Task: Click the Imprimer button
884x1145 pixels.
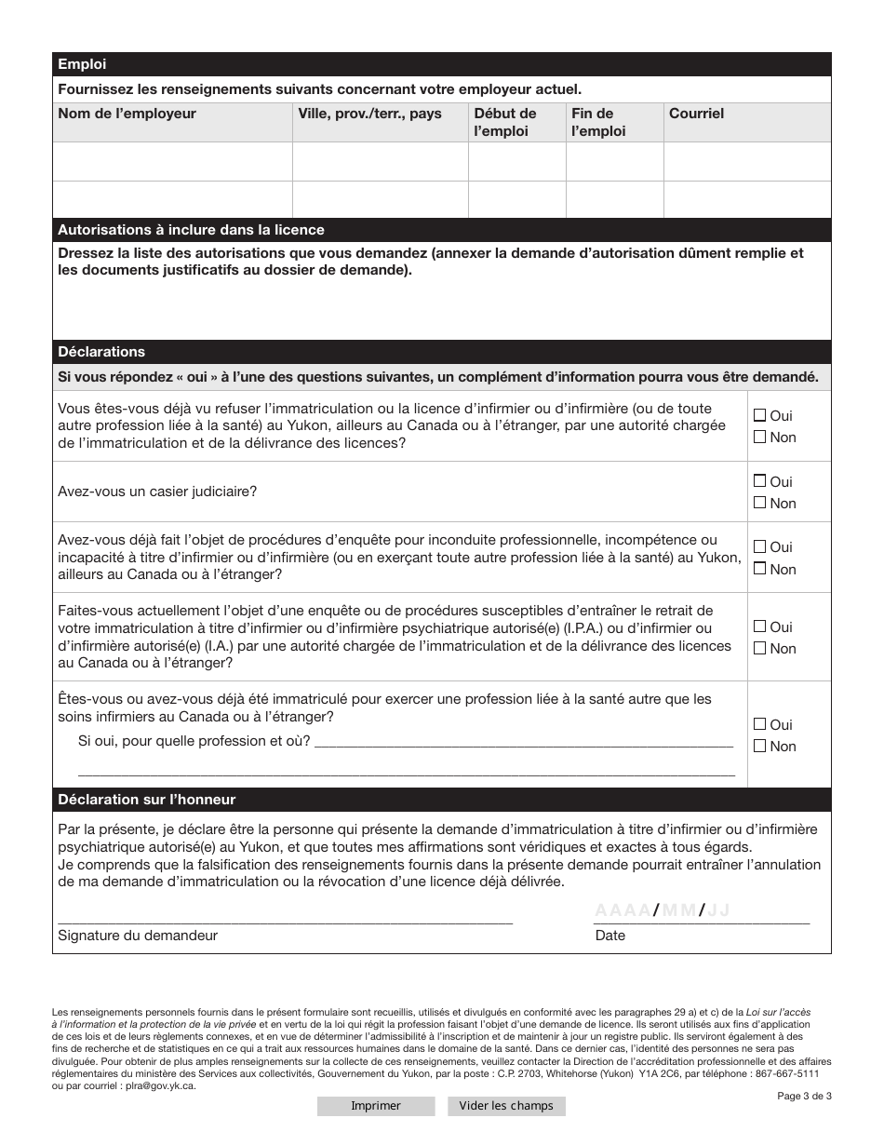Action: pos(375,1106)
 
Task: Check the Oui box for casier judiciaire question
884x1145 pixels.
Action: pos(759,481)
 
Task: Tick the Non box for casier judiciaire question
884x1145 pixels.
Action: pos(759,503)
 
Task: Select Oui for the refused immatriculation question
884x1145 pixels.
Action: pos(759,415)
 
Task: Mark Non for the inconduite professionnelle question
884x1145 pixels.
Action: pos(759,569)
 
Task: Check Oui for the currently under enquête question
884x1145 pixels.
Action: pos(759,626)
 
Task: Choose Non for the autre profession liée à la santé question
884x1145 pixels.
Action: pos(759,746)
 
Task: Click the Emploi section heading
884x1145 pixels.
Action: pos(83,64)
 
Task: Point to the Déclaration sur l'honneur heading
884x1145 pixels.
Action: pos(147,800)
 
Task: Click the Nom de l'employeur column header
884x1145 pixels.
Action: pos(127,114)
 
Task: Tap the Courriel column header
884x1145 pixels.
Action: pos(696,114)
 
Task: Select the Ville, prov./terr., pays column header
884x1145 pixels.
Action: pos(369,114)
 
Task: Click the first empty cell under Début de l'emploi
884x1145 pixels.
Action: pos(516,161)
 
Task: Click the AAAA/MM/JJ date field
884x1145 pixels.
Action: pos(663,910)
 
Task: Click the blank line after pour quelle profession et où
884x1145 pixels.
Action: pos(524,741)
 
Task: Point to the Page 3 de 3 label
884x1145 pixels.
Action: pos(804,1096)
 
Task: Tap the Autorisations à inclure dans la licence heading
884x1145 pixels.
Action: pos(191,230)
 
